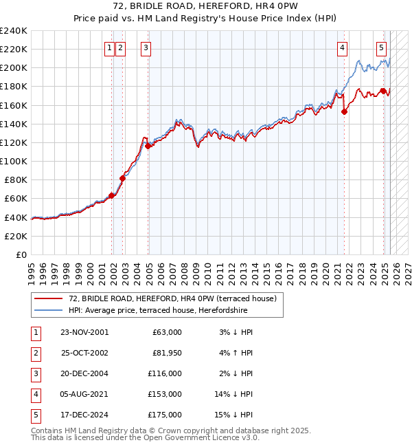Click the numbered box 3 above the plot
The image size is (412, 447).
(147, 47)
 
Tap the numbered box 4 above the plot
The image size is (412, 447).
(342, 47)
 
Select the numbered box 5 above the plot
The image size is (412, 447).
(381, 47)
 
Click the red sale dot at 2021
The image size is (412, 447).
(344, 112)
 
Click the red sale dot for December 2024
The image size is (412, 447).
(383, 91)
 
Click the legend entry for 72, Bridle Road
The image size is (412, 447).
(172, 298)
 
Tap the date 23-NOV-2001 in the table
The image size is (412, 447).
(84, 332)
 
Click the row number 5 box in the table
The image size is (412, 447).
(35, 415)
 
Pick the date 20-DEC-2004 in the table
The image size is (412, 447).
(84, 373)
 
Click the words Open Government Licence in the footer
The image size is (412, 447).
(205, 437)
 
